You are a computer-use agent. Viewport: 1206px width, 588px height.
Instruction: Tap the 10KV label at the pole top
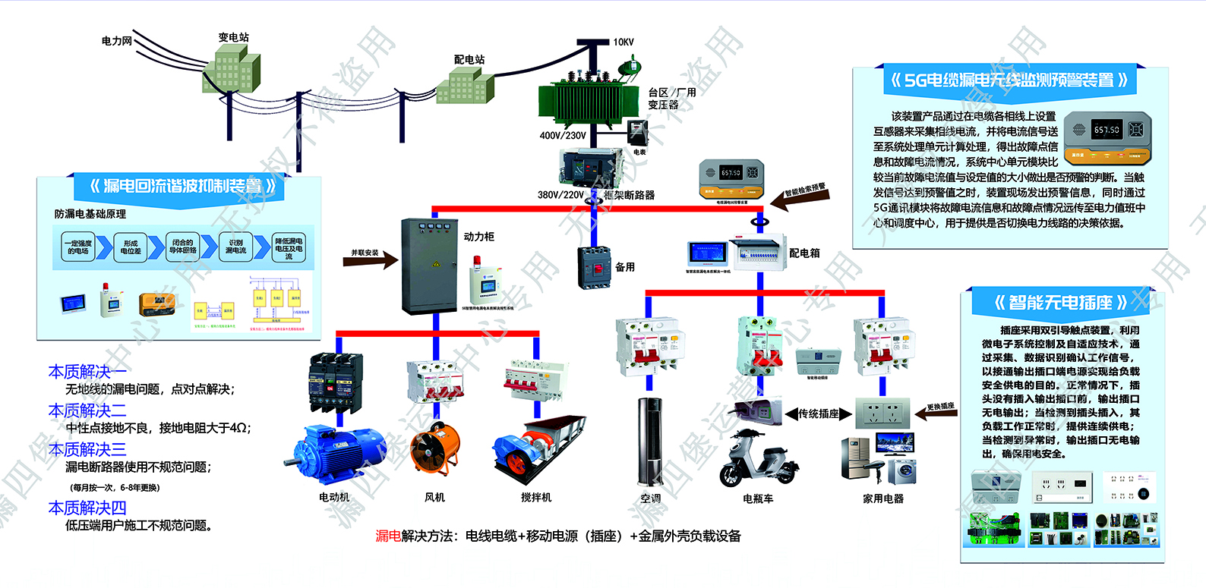624,42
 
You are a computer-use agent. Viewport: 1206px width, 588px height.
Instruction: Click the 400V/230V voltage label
563,136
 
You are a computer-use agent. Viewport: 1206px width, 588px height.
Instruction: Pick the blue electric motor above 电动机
343,453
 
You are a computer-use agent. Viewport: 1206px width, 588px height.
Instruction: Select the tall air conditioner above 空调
650,442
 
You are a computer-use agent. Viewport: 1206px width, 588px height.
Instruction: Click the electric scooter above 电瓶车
758,461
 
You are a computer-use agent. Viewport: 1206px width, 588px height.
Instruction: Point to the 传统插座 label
818,413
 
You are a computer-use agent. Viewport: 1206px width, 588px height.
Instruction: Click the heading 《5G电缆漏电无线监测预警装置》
1009,80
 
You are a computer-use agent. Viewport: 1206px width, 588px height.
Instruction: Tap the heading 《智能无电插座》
1060,303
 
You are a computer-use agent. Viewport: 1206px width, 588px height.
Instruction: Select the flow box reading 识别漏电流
235,247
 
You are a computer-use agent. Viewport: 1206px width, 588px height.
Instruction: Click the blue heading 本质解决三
87,449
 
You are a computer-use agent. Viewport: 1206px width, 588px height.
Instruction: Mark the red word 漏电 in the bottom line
388,536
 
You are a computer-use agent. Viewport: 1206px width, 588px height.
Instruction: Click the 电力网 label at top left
117,41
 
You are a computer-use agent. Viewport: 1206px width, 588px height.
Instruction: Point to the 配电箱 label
804,253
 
